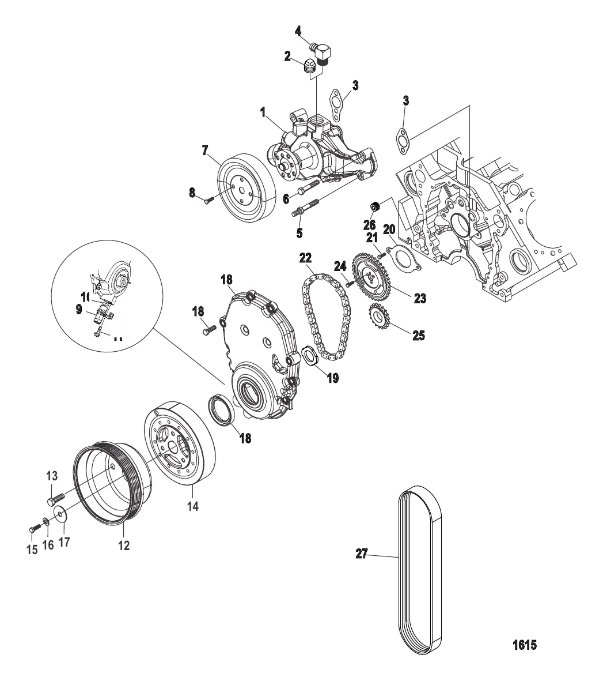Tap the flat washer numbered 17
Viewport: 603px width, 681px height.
point(59,513)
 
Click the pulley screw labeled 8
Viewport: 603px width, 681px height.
point(209,200)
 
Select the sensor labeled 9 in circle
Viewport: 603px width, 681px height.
point(101,316)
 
